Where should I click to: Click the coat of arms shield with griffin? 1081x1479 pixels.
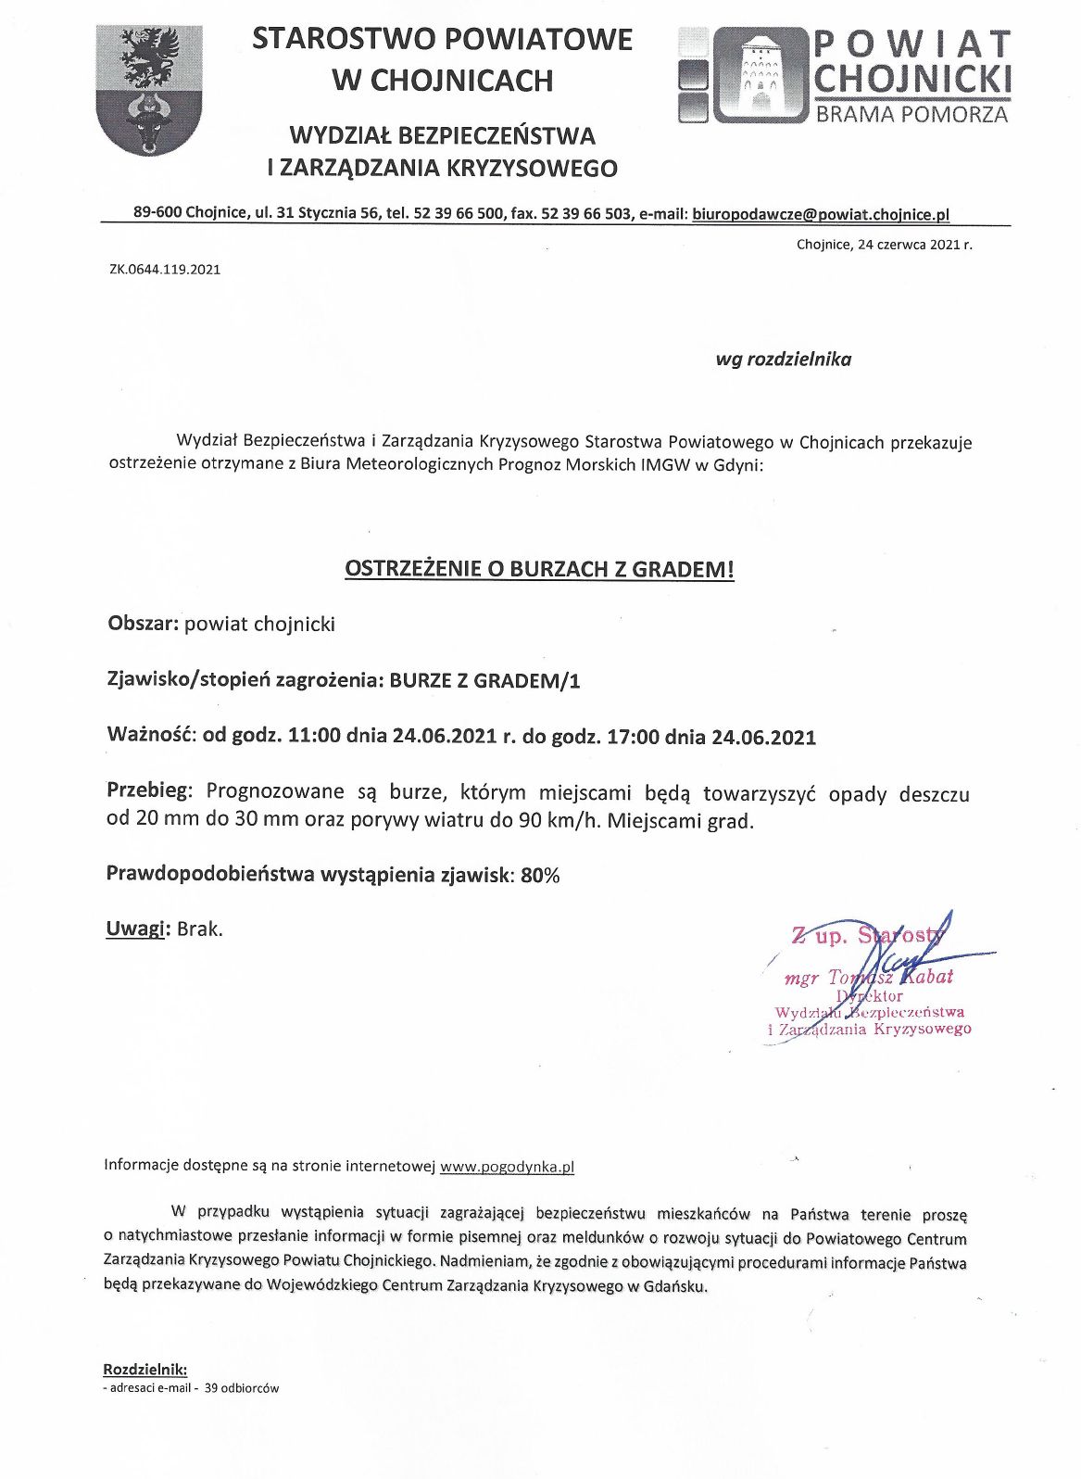coord(149,90)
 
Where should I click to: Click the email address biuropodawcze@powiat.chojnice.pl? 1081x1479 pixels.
coord(821,214)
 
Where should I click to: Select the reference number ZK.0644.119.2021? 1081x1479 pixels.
coord(165,270)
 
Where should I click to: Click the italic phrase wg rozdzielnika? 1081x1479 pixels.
coord(783,360)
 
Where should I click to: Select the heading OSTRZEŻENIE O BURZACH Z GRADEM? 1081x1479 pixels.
coord(539,569)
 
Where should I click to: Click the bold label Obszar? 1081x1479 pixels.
coord(143,624)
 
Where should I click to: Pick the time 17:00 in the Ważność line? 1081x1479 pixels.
coord(634,738)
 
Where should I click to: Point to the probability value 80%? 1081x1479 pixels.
coord(540,875)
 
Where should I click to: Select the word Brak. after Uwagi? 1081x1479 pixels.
coord(199,929)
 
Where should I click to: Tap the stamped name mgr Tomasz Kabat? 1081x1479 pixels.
coord(868,978)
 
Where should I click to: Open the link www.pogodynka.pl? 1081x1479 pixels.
coord(507,1167)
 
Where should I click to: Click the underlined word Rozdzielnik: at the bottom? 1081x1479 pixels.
coord(145,1369)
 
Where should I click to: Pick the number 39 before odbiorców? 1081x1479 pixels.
coord(208,1388)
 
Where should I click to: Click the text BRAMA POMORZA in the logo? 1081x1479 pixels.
coord(911,115)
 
